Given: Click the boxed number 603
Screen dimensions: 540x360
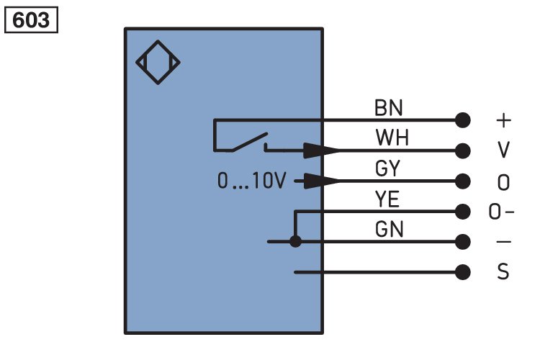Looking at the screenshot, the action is click(x=31, y=20).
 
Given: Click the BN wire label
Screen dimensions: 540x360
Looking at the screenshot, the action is click(x=389, y=108).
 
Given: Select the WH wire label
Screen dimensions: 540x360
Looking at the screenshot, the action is click(x=392, y=138).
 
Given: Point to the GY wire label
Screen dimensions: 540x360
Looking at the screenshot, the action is click(x=388, y=168).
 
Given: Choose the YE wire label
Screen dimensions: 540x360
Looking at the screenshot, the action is click(x=387, y=199).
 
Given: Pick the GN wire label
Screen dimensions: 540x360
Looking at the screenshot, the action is click(x=389, y=229).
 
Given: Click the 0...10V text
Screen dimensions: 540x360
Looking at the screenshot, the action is click(x=252, y=181).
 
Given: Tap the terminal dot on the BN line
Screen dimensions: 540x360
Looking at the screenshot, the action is click(x=462, y=120).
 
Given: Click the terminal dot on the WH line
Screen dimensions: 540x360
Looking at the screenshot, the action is click(x=462, y=150).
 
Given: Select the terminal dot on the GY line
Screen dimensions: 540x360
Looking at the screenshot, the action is click(x=462, y=181).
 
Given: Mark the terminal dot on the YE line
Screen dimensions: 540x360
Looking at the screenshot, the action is click(x=462, y=212).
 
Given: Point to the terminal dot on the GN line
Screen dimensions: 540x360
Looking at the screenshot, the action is click(x=462, y=242).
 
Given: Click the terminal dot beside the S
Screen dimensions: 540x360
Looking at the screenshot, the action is click(x=462, y=272).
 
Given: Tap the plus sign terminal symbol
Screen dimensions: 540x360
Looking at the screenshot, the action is click(x=503, y=120).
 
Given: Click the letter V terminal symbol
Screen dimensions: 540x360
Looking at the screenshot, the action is click(x=503, y=150).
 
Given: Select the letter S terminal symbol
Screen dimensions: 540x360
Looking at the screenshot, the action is click(x=503, y=271).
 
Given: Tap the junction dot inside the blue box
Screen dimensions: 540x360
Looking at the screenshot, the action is click(x=295, y=241).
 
